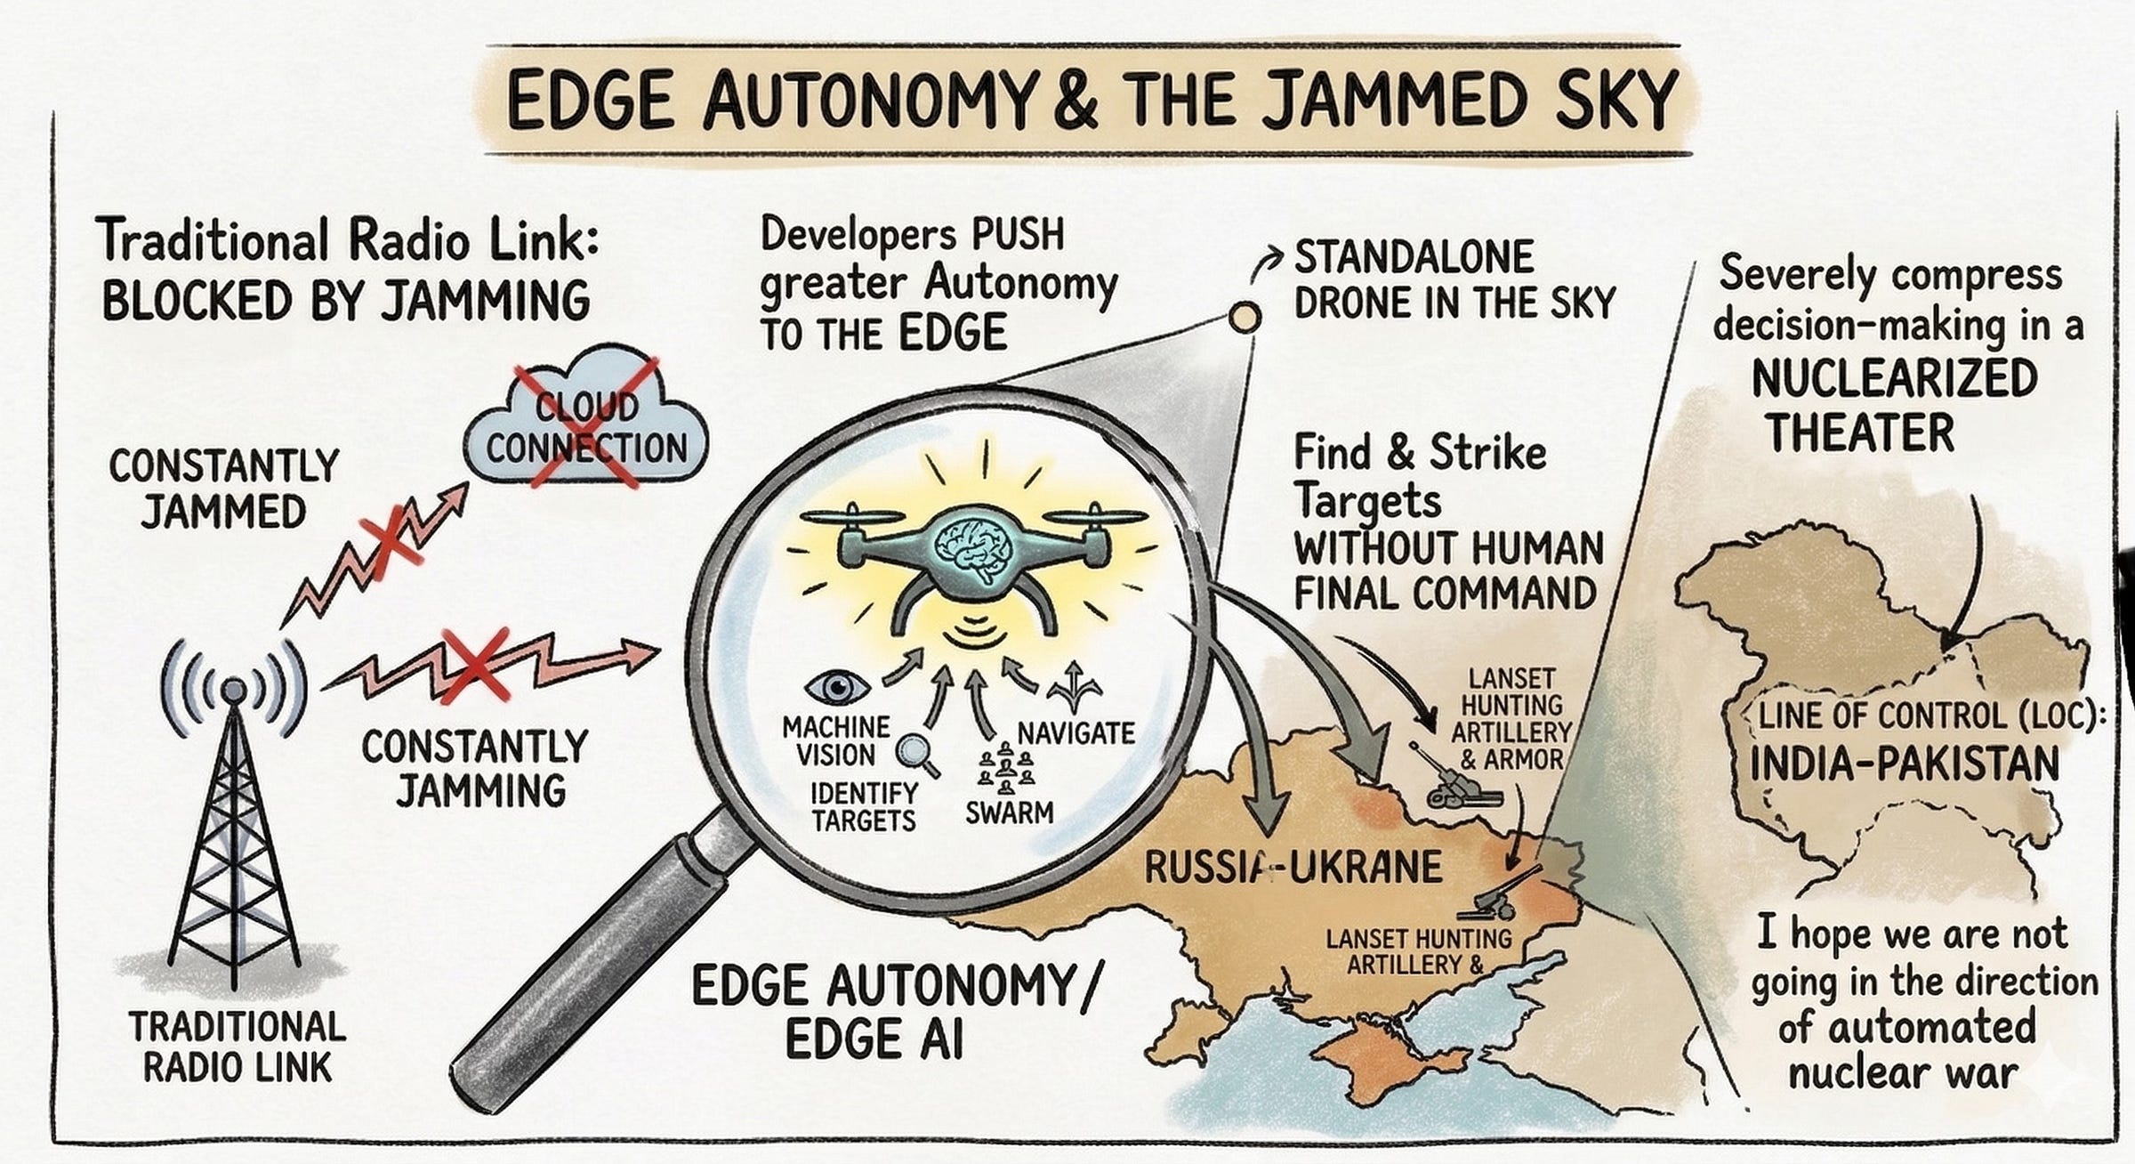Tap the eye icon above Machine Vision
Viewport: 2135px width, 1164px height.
click(x=837, y=687)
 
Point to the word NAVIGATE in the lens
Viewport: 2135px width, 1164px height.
click(x=1076, y=733)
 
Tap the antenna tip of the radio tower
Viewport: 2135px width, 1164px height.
click(x=233, y=688)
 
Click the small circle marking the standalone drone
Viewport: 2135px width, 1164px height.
click(x=1245, y=316)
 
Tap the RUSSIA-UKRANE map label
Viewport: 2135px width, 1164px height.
click(x=1292, y=867)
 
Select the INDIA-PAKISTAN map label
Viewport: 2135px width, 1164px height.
click(x=1904, y=764)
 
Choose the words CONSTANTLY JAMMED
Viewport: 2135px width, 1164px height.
click(x=224, y=489)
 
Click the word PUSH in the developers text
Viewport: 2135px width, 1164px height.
click(x=1018, y=235)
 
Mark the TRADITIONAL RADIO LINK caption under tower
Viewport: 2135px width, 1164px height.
click(x=237, y=1047)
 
